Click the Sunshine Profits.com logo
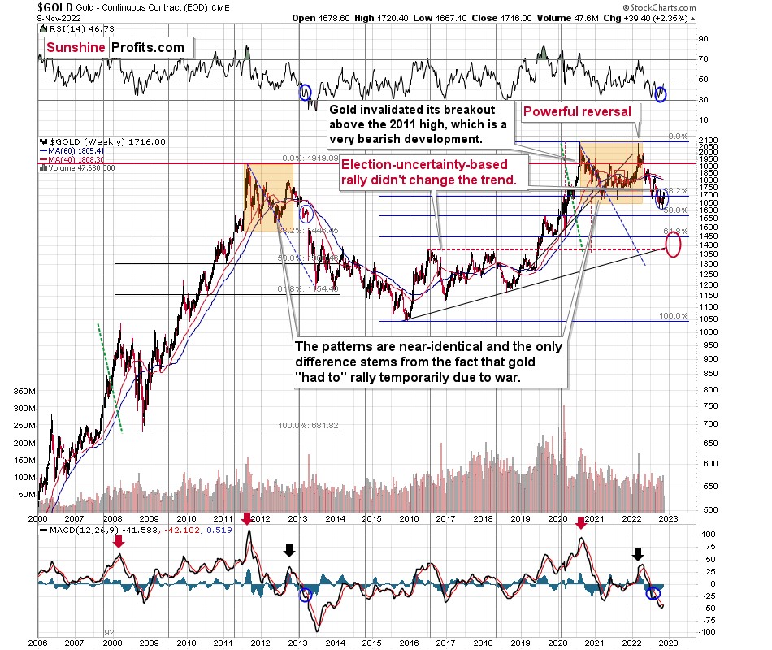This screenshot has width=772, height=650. [115, 48]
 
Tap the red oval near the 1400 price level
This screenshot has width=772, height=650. [673, 245]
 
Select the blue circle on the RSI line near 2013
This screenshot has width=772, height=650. [306, 93]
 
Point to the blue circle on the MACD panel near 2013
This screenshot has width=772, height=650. [305, 595]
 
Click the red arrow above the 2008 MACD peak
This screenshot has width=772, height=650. [120, 539]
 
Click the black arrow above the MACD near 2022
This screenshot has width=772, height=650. [639, 554]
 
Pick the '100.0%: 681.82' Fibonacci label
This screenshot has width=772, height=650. [308, 426]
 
